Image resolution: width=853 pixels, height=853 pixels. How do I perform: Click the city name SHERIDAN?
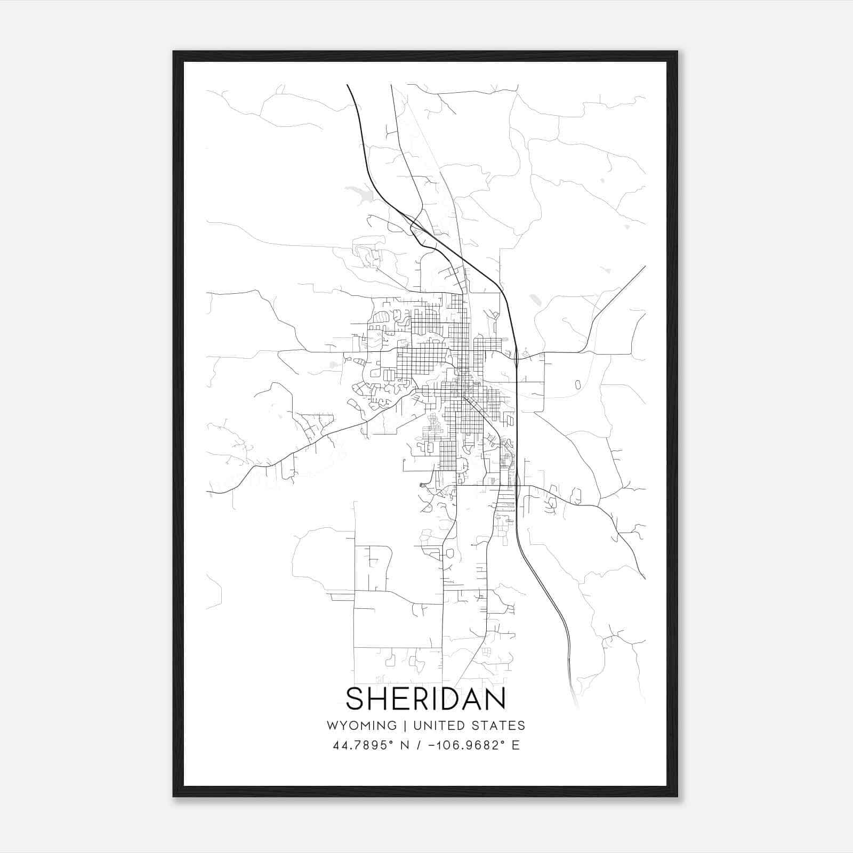(x=426, y=699)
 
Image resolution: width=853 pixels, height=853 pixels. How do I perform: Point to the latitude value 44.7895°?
(x=363, y=745)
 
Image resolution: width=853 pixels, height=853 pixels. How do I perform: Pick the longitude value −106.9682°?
(x=467, y=745)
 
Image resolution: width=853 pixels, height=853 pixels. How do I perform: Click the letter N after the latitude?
(x=405, y=745)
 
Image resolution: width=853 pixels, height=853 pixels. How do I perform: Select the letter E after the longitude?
(x=516, y=745)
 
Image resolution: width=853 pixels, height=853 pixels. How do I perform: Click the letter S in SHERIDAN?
(x=356, y=699)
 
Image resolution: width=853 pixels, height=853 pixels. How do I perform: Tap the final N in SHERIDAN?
(x=495, y=699)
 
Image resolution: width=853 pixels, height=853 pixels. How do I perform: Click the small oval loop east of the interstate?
(x=577, y=384)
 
